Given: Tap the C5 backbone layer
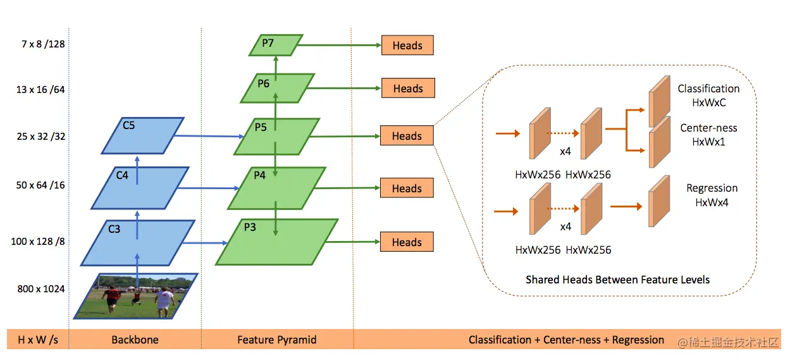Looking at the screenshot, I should pos(142,135).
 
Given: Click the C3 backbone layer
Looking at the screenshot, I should pos(137,242).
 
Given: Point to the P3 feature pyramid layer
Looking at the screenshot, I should pos(276,241).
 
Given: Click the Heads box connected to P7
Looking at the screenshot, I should pos(407,46).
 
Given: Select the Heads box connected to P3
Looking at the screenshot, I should pos(407,242).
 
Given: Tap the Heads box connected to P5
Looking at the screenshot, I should pos(407,136).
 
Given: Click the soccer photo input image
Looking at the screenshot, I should pos(136,295).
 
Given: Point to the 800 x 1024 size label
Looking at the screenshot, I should pos(41,289).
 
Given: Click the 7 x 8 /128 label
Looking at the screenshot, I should pos(40,44).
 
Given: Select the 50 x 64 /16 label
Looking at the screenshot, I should pos(40,185).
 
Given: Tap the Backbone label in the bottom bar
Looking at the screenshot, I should pos(135,340).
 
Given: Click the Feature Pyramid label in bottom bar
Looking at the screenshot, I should pos(277,340).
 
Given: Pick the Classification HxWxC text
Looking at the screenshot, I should pos(708,95).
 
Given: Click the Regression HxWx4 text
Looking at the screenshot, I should pos(712,195).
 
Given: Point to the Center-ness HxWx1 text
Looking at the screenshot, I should pos(708,135).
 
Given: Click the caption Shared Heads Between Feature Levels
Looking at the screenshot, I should pos(617,280).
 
